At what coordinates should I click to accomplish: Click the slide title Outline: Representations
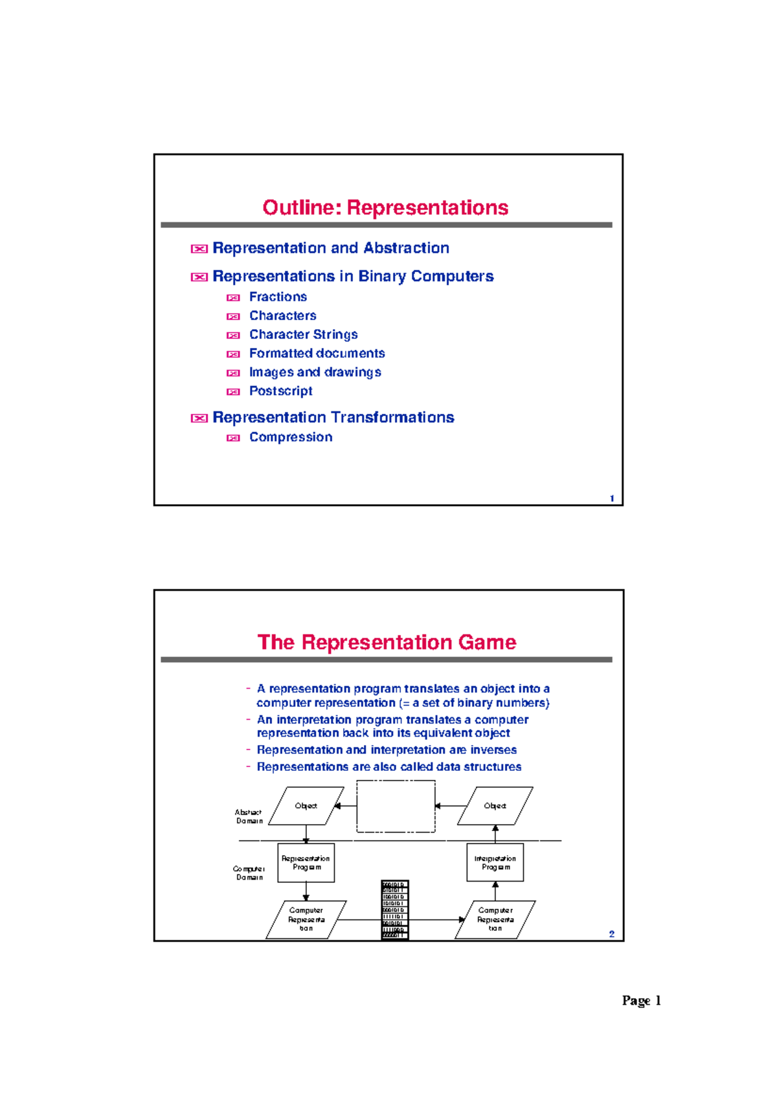[x=385, y=208]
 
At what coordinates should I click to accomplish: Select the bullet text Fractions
[x=278, y=297]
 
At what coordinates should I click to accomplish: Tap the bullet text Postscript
[x=280, y=391]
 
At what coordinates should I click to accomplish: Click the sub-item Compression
[x=291, y=437]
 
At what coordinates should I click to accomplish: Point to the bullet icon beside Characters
[x=233, y=317]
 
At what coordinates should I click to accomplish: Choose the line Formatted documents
[x=317, y=354]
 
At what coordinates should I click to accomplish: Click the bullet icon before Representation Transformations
[x=199, y=418]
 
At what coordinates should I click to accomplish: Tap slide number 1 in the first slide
[x=612, y=498]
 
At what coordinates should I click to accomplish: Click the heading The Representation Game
[x=387, y=642]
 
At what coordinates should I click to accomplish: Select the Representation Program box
[x=306, y=863]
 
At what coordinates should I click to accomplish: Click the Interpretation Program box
[x=495, y=863]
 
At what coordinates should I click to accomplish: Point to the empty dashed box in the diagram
[x=396, y=807]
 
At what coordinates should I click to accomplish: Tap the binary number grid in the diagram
[x=394, y=910]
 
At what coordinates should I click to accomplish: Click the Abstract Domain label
[x=249, y=816]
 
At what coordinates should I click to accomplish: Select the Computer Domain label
[x=249, y=873]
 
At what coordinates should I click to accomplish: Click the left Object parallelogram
[x=306, y=806]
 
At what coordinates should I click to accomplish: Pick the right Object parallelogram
[x=495, y=806]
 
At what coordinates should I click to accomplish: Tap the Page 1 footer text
[x=641, y=1001]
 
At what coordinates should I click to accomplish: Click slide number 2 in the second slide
[x=611, y=934]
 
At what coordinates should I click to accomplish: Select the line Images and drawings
[x=315, y=372]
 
